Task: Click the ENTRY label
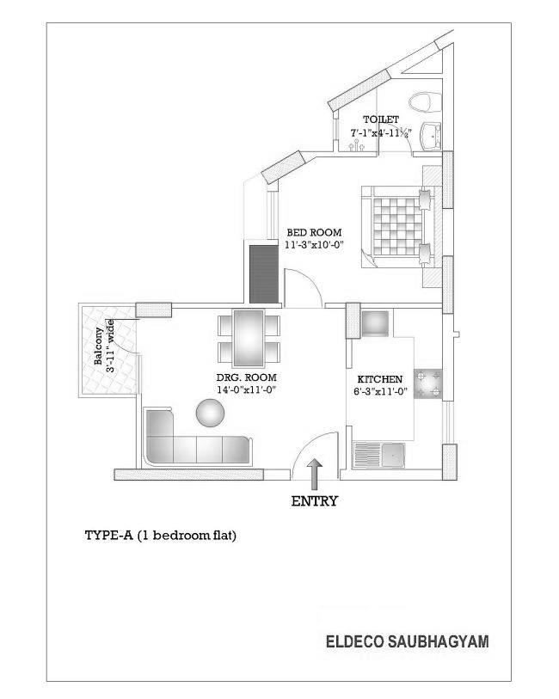pos(314,501)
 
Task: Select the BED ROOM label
pos(314,232)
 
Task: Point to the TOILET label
pos(381,120)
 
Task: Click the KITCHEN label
pos(380,379)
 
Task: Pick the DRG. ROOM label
pos(247,377)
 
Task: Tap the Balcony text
pos(99,346)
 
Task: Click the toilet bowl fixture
pos(425,102)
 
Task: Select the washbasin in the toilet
pos(431,136)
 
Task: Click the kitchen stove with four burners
pos(428,383)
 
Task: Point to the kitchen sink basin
pos(393,454)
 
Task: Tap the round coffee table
pos(210,413)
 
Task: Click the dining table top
pos(249,339)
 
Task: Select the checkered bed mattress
pos(396,226)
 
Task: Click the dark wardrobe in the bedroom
pos(264,273)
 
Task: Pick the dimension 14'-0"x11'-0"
pos(247,389)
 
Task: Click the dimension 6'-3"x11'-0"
pos(380,392)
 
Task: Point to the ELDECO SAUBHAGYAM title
pos(407,641)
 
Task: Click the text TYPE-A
pos(108,535)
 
